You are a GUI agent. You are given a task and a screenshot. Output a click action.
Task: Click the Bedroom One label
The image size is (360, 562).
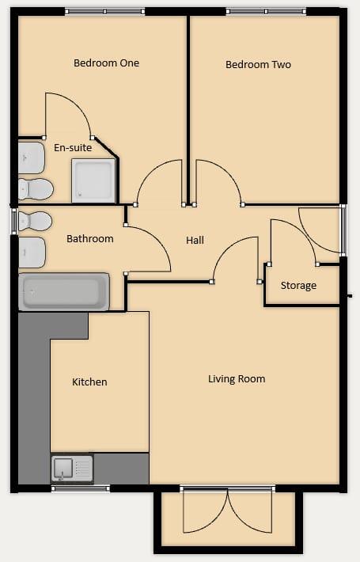[x=106, y=63]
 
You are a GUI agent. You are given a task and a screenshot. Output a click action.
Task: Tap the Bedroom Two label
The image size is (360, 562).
[x=258, y=65]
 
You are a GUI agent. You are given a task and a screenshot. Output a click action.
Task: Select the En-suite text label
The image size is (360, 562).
[x=73, y=148]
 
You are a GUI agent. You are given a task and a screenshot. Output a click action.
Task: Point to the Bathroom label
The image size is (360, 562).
[x=89, y=238]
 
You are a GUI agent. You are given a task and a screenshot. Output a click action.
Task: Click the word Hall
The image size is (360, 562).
[x=195, y=240]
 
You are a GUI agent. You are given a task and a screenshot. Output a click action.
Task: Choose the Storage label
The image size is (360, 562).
[x=298, y=285]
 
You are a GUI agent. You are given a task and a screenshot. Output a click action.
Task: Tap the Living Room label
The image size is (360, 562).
[x=237, y=379]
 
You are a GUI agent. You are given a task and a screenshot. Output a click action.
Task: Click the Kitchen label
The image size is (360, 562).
[x=89, y=382]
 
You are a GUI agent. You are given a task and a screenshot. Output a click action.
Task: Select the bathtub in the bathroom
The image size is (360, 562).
[x=63, y=291]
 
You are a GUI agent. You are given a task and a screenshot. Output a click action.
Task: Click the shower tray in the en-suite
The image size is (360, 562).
[x=94, y=180]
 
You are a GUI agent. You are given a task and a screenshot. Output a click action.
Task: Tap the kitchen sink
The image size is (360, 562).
[x=71, y=469]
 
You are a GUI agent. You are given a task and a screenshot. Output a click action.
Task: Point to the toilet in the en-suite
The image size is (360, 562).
[x=35, y=189]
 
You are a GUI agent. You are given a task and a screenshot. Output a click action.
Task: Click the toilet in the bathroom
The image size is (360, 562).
[x=34, y=220]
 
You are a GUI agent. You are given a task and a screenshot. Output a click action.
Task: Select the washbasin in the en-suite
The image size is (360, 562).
[x=31, y=158]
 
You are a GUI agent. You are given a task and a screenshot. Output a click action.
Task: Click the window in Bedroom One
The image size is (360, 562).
[x=104, y=11]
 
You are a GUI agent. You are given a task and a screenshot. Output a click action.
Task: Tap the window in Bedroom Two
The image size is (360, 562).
[x=266, y=11]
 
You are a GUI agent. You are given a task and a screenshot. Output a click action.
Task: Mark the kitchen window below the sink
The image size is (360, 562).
[x=80, y=488]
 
